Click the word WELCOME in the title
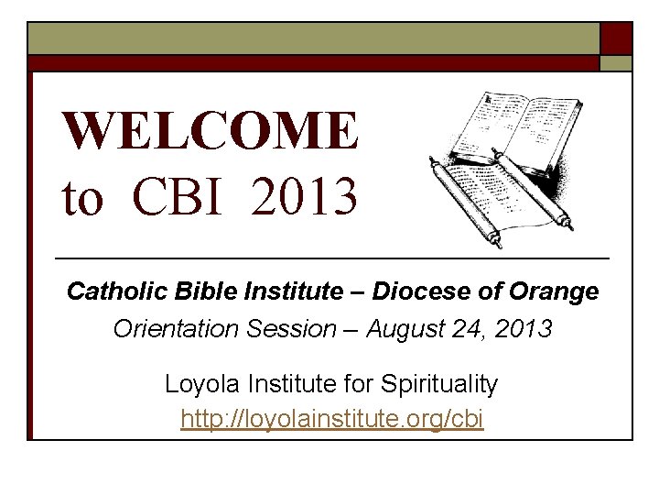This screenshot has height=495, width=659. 210,131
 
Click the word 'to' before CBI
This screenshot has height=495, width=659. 82,197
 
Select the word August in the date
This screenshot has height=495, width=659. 405,328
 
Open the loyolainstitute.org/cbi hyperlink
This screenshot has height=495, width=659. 331,420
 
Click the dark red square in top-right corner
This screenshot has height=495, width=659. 615,38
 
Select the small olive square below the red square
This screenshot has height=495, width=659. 615,63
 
